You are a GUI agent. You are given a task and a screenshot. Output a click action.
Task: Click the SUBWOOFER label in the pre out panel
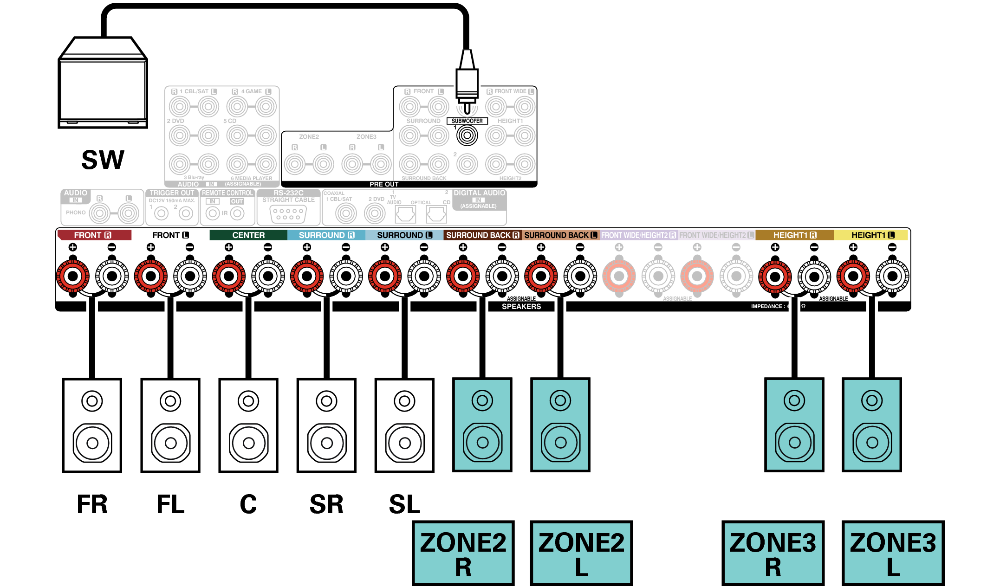tap(467, 121)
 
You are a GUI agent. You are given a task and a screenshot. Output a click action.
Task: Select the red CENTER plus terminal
tap(229, 277)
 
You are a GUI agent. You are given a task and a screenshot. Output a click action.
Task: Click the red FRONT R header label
tap(93, 235)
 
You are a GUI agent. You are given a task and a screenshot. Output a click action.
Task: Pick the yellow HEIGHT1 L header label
tap(872, 235)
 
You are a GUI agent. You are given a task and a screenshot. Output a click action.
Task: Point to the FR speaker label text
tap(92, 504)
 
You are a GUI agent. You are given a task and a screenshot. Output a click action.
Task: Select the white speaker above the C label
tap(248, 425)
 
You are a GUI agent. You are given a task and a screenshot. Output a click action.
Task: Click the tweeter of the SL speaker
tap(404, 401)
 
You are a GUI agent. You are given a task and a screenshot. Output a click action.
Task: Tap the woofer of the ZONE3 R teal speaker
tap(794, 443)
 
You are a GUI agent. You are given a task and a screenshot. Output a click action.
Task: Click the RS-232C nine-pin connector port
tap(288, 214)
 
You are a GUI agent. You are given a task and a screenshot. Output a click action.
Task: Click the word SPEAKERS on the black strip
tap(521, 307)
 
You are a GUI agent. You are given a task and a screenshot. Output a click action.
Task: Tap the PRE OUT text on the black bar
tap(384, 184)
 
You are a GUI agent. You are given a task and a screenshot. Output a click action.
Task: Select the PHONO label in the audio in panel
tap(76, 213)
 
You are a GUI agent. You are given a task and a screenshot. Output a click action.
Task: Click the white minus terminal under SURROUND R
tap(346, 277)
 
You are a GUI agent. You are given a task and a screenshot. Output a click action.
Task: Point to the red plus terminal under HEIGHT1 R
tap(775, 277)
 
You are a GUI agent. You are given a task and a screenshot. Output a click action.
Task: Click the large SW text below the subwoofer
tap(103, 160)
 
